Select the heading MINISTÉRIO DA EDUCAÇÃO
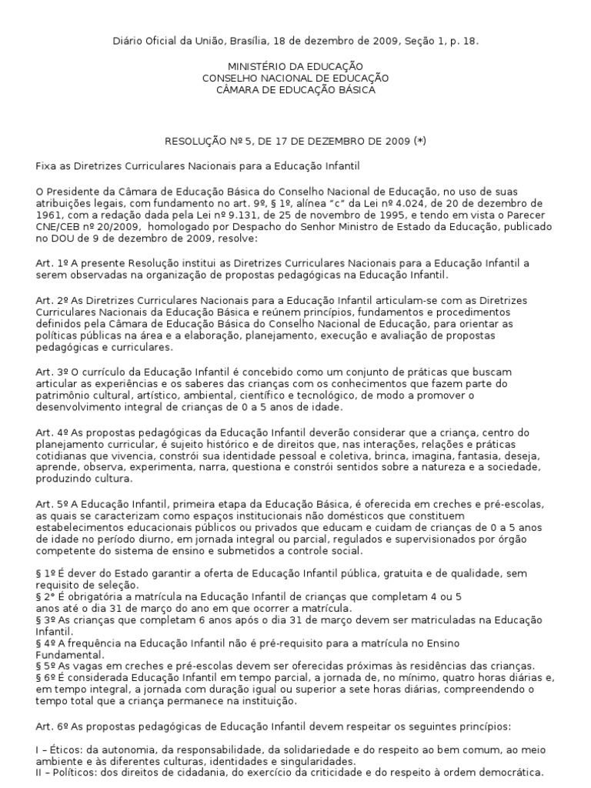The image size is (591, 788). pos(295,67)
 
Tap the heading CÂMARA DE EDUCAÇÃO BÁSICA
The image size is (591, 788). pos(295,90)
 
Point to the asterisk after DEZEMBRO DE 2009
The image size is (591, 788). pos(419,142)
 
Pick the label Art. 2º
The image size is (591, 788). pos(49,299)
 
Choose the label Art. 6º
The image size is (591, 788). pos(49,726)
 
